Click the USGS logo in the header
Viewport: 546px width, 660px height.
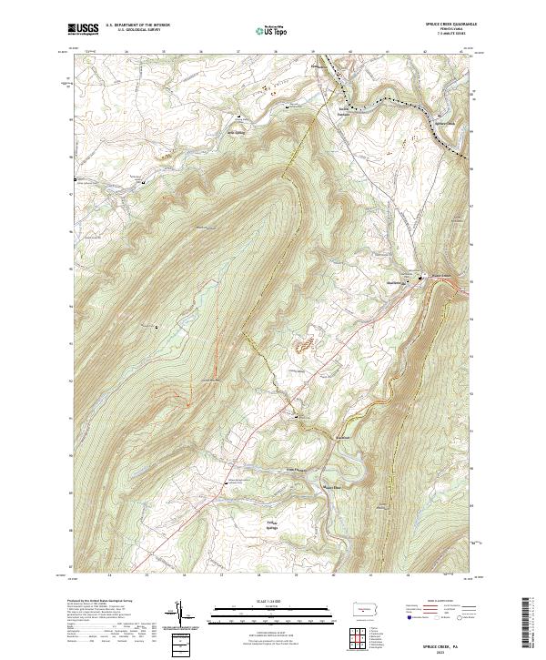(84, 29)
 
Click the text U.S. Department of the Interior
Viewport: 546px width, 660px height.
(137, 25)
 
